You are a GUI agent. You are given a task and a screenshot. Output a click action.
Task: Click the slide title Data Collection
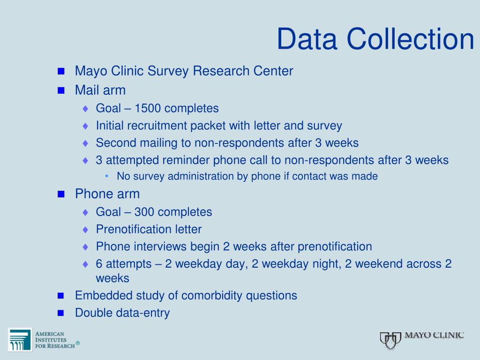375,39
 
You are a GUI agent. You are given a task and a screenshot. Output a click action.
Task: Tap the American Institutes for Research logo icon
20,340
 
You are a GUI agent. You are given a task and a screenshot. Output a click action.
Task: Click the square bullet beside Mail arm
61,90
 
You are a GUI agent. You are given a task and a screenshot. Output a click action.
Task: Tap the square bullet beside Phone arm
61,194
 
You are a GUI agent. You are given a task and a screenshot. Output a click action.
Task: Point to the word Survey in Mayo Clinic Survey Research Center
168,71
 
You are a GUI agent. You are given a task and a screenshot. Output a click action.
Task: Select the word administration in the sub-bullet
201,176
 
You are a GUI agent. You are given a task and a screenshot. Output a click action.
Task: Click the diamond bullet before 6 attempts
85,264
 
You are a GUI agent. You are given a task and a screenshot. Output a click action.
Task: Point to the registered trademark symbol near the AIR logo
78,343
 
